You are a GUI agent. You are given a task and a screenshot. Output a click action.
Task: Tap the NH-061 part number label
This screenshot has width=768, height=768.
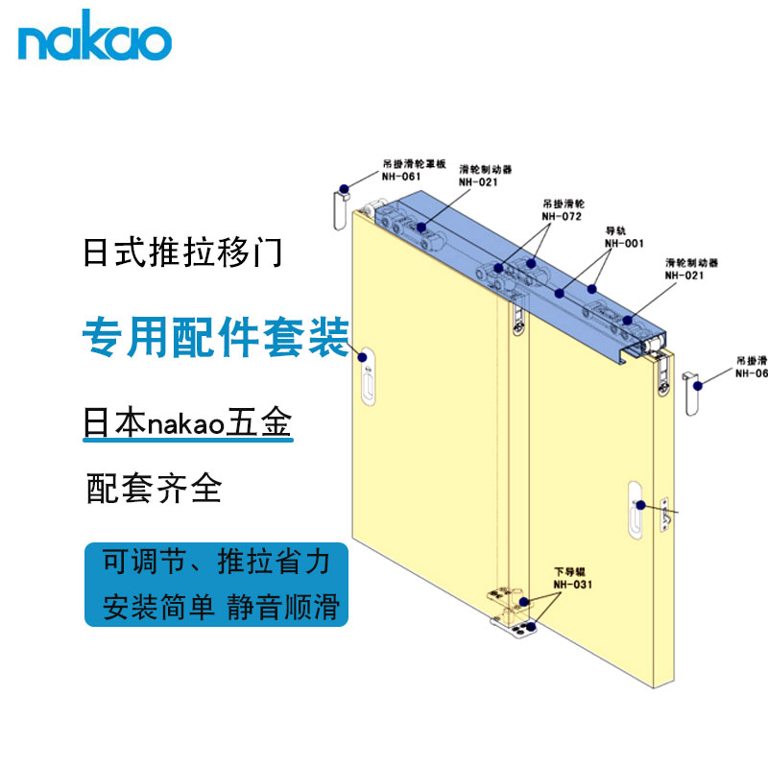point(400,177)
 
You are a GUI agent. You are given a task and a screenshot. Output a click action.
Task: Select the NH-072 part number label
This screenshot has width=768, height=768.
point(562,217)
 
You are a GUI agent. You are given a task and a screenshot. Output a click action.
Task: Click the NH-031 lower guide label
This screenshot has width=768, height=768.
point(575,584)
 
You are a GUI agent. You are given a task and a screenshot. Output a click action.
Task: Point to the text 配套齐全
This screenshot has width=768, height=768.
point(154,488)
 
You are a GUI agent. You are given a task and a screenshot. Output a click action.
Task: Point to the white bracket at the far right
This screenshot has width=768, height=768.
point(691,392)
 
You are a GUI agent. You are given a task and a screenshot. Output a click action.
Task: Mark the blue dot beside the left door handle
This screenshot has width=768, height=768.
point(364,357)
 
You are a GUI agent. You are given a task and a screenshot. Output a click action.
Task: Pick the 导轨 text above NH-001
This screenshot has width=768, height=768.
point(613,231)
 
